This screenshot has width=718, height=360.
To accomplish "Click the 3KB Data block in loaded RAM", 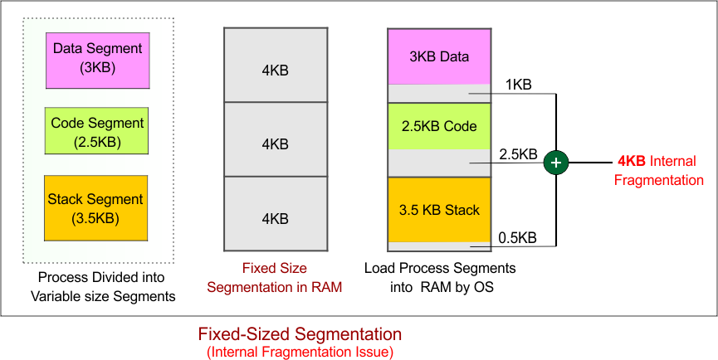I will pyautogui.click(x=439, y=57).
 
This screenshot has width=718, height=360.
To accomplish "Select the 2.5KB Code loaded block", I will pyautogui.click(x=439, y=125).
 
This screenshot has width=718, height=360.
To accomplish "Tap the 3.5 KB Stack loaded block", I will pyautogui.click(x=439, y=210).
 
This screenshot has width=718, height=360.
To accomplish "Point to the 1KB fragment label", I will pyautogui.click(x=518, y=85).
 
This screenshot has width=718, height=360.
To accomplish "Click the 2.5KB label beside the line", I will pyautogui.click(x=517, y=154).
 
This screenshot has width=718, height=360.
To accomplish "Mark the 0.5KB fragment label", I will pyautogui.click(x=517, y=237).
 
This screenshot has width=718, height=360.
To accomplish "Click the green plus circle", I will pyautogui.click(x=556, y=163).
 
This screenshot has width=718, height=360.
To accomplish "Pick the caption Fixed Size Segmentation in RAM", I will pyautogui.click(x=275, y=278).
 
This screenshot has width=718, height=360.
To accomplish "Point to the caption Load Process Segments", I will pyautogui.click(x=440, y=269).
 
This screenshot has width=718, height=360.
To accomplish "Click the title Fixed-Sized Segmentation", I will pyautogui.click(x=300, y=334).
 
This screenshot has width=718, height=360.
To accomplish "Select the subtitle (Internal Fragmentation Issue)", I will pyautogui.click(x=300, y=353).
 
